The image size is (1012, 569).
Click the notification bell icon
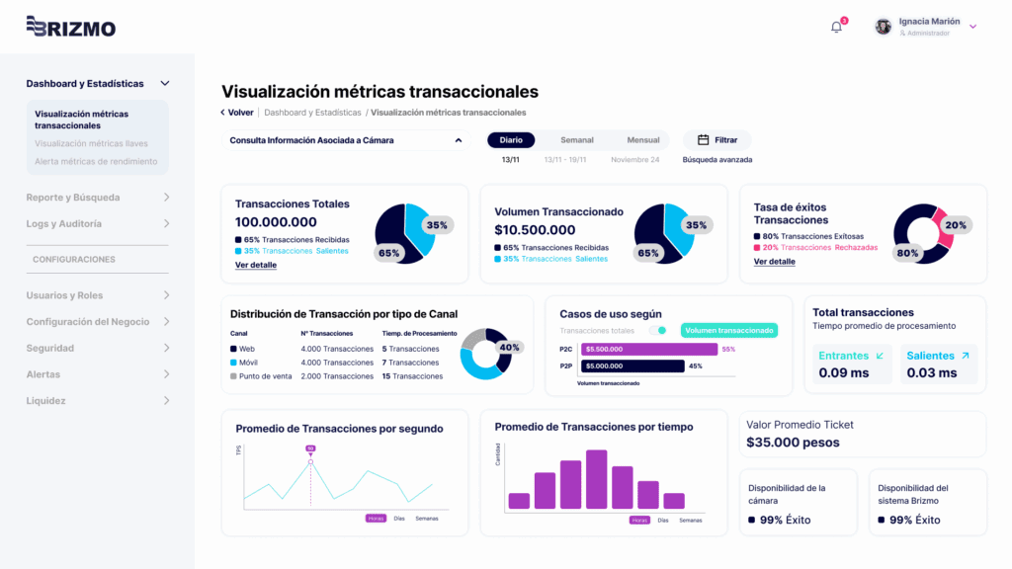(x=836, y=27)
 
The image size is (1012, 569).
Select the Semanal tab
(x=577, y=140)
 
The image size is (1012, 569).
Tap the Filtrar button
(x=717, y=140)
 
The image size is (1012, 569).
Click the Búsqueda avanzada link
(x=717, y=160)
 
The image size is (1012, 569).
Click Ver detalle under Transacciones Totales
(x=256, y=266)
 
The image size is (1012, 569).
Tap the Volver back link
(x=237, y=113)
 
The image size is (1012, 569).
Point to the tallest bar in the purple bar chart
(x=596, y=479)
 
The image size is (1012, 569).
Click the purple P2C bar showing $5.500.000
(x=649, y=349)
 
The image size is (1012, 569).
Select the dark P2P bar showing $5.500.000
(x=632, y=366)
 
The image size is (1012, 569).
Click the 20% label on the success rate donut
(x=956, y=225)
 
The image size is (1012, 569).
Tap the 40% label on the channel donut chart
(x=509, y=348)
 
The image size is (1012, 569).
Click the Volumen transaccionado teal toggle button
(x=728, y=331)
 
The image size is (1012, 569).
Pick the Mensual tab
(x=643, y=140)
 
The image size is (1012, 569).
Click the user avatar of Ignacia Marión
(x=884, y=27)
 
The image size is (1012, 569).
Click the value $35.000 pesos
(x=793, y=443)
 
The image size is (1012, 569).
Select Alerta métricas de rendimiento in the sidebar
(x=96, y=161)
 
